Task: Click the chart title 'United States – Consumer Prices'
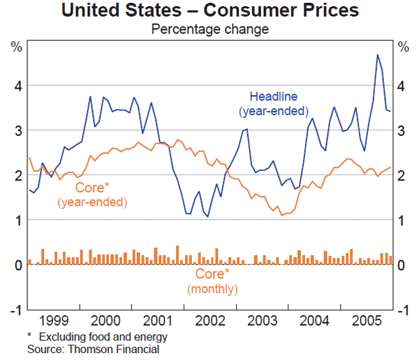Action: (209, 11)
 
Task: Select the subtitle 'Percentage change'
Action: (209, 29)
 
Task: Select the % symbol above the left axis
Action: (15, 47)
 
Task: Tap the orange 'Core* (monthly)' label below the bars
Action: (212, 281)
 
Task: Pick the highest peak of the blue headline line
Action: (378, 54)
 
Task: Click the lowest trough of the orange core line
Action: (282, 216)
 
